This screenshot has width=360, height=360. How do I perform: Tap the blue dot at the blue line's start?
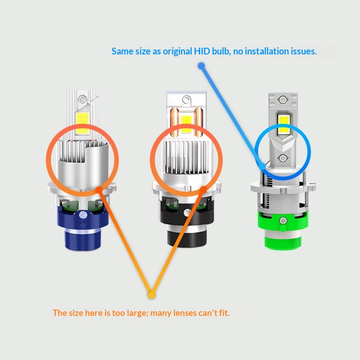coord(202,66)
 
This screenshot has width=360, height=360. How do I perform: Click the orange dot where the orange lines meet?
coord(151,295)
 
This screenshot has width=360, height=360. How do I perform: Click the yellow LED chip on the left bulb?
coord(82,118)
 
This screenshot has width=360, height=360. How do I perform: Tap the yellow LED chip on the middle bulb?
coord(186,119)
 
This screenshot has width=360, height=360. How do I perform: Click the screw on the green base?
coord(282,220)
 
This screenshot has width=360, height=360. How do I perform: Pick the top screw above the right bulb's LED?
coord(282,99)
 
